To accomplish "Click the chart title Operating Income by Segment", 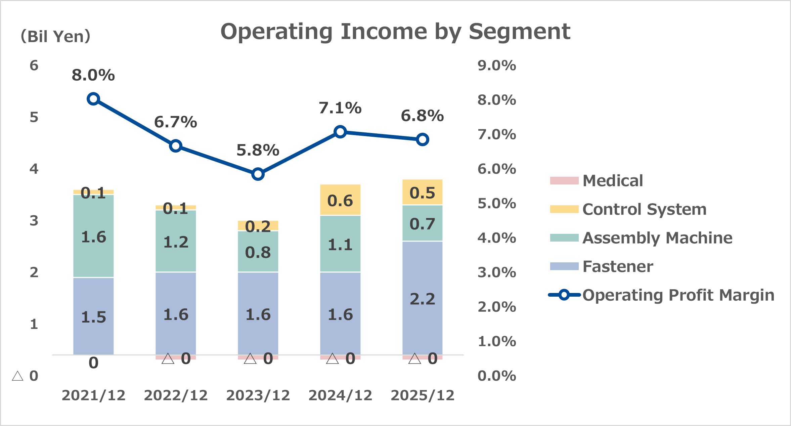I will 395,32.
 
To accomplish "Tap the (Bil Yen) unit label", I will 55,36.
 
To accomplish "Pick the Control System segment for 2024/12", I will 340,200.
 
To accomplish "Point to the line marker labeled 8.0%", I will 93,99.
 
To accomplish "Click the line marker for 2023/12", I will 258,174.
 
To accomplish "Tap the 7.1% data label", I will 340,108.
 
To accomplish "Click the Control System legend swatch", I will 564,209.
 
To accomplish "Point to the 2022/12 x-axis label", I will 176,395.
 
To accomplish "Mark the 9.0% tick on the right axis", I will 496,66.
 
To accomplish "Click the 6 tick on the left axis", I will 34,66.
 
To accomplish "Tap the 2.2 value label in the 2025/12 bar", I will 422,299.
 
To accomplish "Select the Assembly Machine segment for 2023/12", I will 258,251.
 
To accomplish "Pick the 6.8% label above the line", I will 422,116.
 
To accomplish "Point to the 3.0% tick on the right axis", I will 496,272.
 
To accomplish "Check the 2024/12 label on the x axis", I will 340,395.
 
